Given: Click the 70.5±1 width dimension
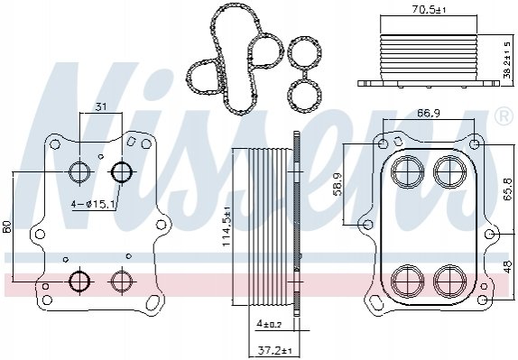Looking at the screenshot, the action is click(x=429, y=10).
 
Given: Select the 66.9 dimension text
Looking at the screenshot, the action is click(x=428, y=114).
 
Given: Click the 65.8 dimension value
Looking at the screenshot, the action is click(x=507, y=189).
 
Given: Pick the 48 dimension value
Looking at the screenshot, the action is click(x=508, y=266).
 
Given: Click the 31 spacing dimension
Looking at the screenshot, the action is click(x=101, y=106).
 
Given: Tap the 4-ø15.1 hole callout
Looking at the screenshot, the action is click(x=93, y=205).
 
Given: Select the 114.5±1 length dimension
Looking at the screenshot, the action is click(x=227, y=226).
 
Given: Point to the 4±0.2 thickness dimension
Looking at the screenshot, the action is click(x=269, y=324).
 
